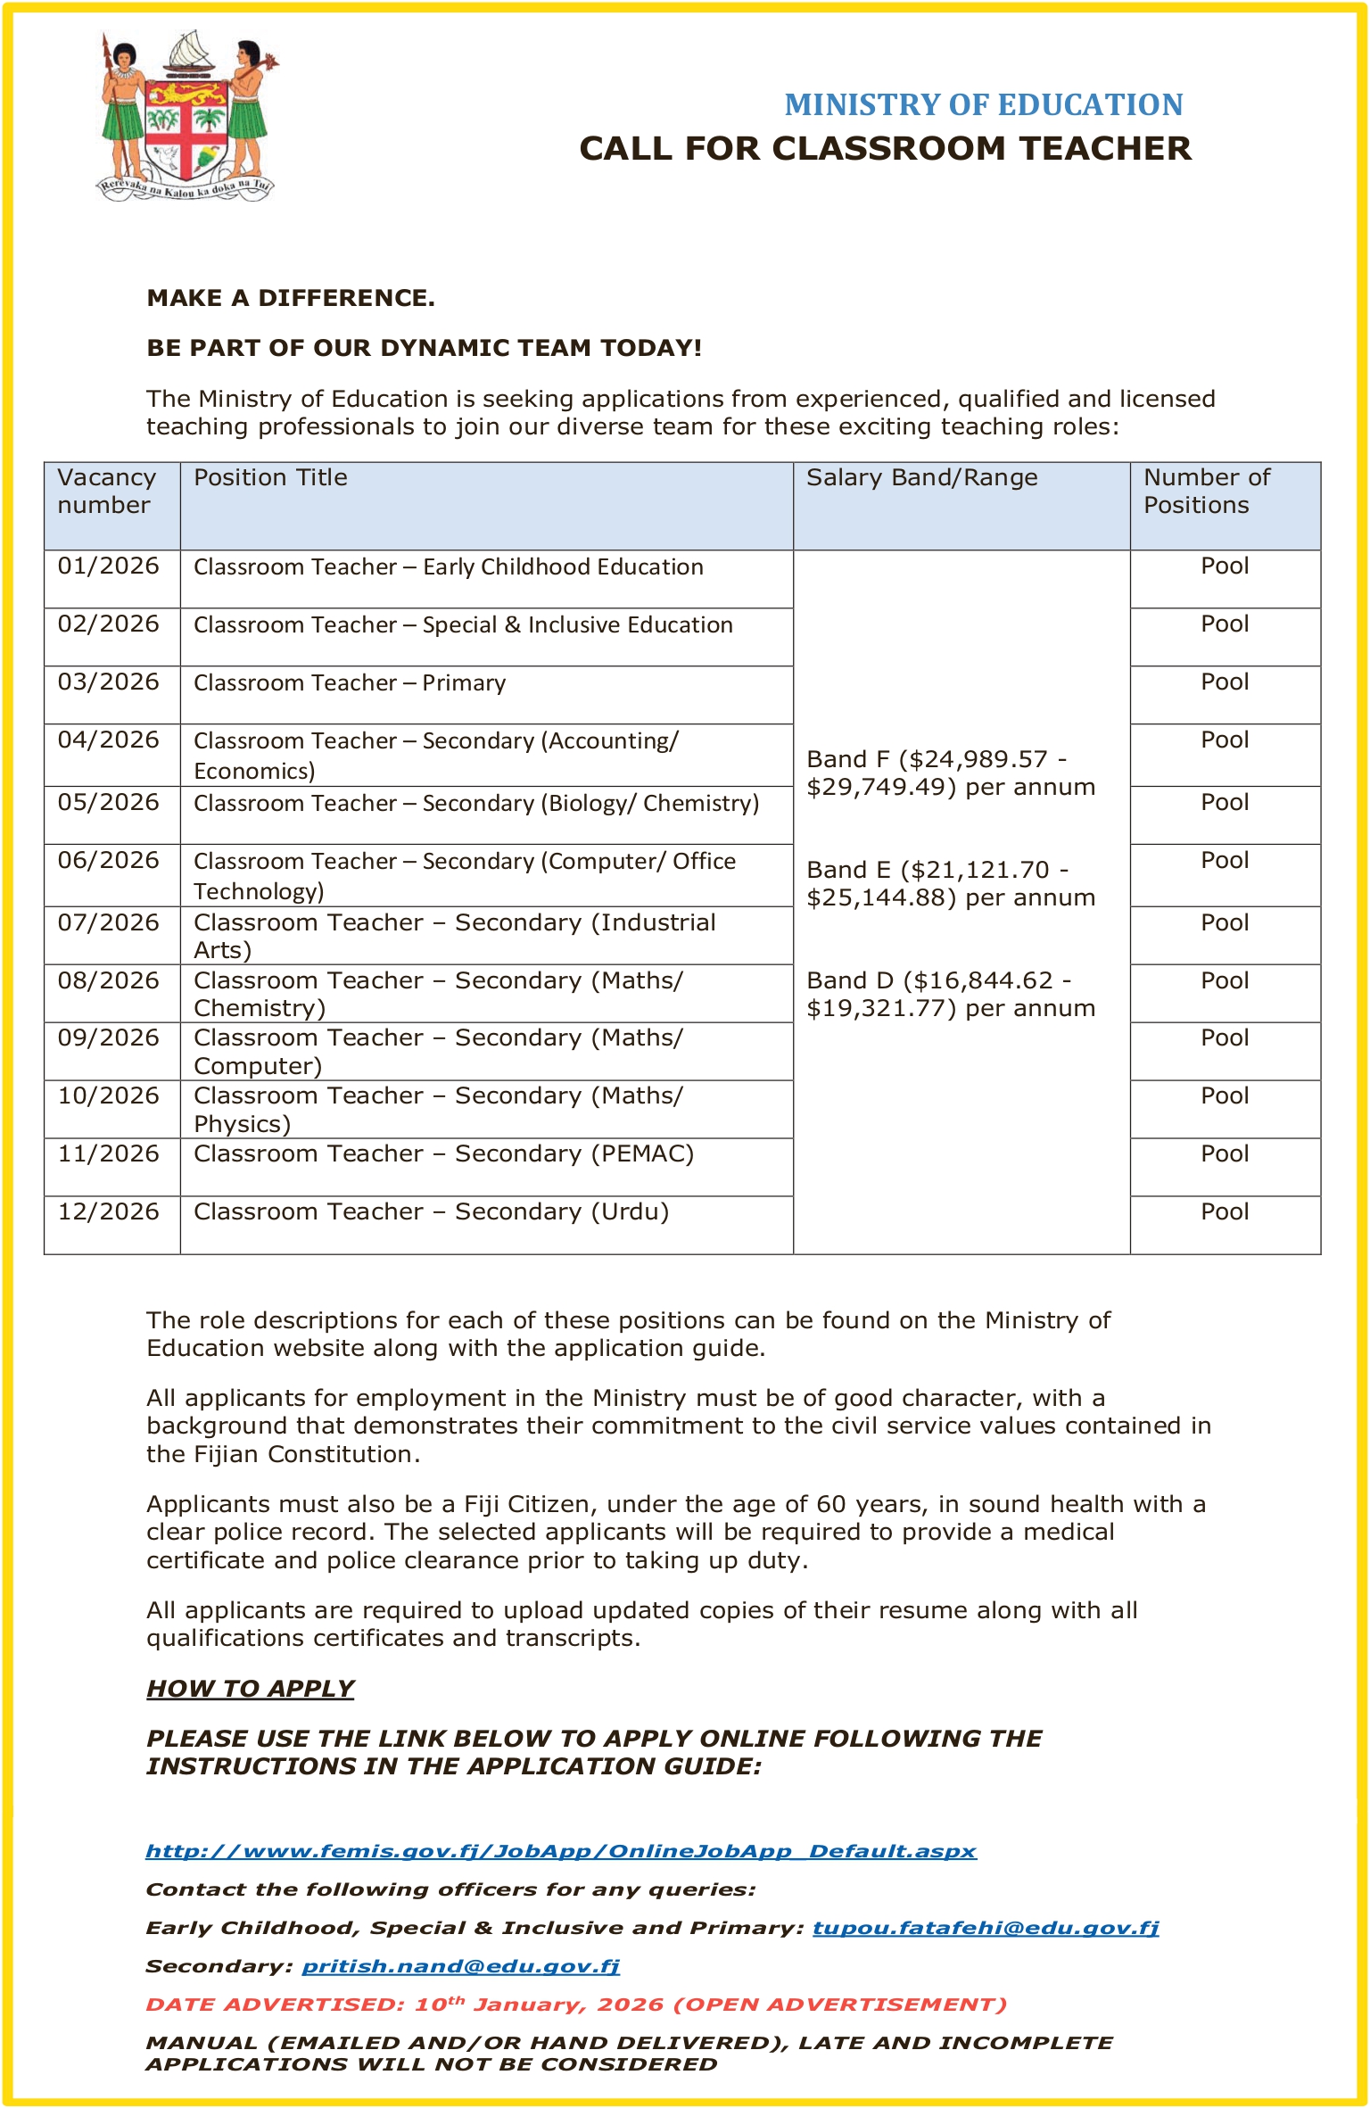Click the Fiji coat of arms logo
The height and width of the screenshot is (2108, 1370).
186,116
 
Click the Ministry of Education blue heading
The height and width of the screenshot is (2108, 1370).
983,104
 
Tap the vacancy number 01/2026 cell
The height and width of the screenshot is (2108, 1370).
109,566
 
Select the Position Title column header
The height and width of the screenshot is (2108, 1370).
270,478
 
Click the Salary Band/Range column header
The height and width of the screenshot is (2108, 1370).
921,478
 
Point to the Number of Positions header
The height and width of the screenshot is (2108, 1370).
1206,492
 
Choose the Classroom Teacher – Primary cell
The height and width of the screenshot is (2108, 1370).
350,683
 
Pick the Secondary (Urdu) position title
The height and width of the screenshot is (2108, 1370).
431,1212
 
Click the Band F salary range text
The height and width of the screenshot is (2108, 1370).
950,773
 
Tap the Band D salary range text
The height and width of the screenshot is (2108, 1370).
950,995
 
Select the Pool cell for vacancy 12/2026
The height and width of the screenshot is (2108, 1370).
1225,1212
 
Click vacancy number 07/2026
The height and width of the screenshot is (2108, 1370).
109,923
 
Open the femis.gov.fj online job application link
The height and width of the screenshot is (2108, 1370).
561,1851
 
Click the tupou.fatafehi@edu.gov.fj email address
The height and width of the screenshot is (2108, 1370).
986,1928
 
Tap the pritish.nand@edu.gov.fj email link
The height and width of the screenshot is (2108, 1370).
460,1966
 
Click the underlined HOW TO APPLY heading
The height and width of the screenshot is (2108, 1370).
251,1689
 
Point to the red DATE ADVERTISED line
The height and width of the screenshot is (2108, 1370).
576,2005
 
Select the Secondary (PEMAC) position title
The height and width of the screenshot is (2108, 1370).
443,1154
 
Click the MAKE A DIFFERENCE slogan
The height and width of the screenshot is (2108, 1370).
291,298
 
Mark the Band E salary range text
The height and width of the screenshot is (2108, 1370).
950,884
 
